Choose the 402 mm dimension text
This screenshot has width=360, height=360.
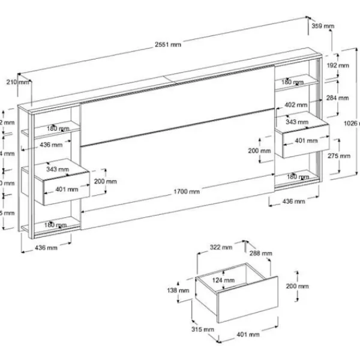[297, 104]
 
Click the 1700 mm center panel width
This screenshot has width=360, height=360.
[187, 192]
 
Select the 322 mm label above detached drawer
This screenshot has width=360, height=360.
[221, 247]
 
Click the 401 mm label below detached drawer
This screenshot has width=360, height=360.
[248, 334]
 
